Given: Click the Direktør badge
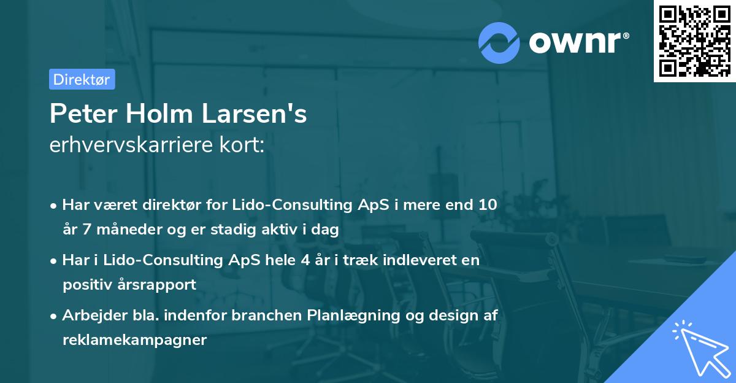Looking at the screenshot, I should pos(82,79).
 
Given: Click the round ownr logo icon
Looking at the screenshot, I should pos(500,42).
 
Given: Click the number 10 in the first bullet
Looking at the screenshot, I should pos(488,205).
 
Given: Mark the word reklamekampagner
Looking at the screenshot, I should pos(134,340).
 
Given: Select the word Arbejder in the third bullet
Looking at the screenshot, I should pos(90,315).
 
